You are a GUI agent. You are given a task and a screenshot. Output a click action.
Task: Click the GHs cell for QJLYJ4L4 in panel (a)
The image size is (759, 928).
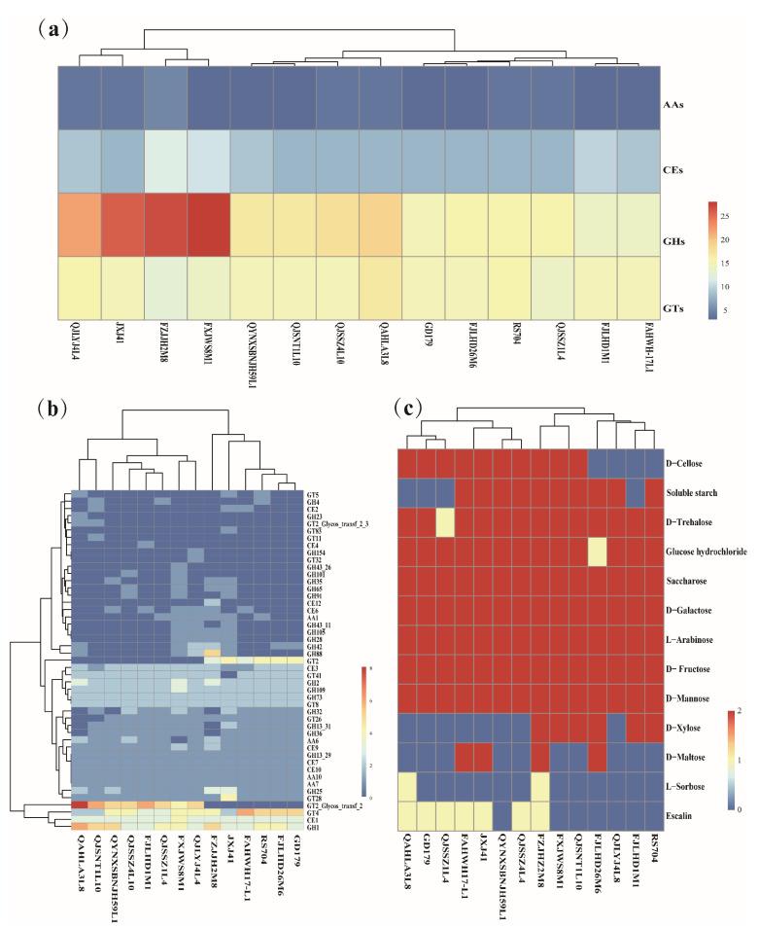pyautogui.click(x=78, y=224)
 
